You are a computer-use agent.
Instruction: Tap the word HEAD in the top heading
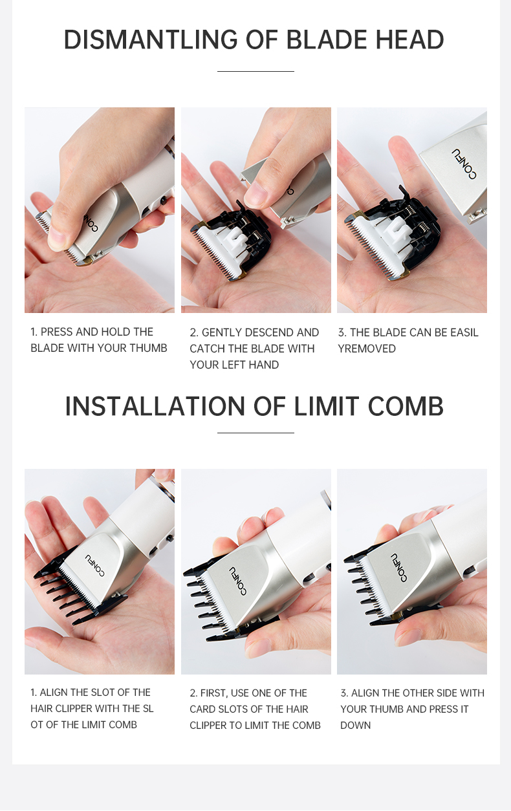[x=409, y=39]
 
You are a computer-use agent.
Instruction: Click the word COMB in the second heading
[x=406, y=406]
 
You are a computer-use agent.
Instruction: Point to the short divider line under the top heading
[x=255, y=71]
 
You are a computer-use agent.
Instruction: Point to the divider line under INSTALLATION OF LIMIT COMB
[x=255, y=433]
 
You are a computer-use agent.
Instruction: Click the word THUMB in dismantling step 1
[x=149, y=348]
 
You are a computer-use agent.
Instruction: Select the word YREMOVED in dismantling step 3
[x=367, y=349]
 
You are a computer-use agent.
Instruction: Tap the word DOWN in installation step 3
[x=355, y=725]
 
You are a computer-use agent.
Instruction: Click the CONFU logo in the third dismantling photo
[x=464, y=164]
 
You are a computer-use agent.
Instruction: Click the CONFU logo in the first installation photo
[x=95, y=565]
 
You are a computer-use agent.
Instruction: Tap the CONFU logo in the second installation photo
[x=238, y=581]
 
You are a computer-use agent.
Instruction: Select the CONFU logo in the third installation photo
[x=398, y=568]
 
